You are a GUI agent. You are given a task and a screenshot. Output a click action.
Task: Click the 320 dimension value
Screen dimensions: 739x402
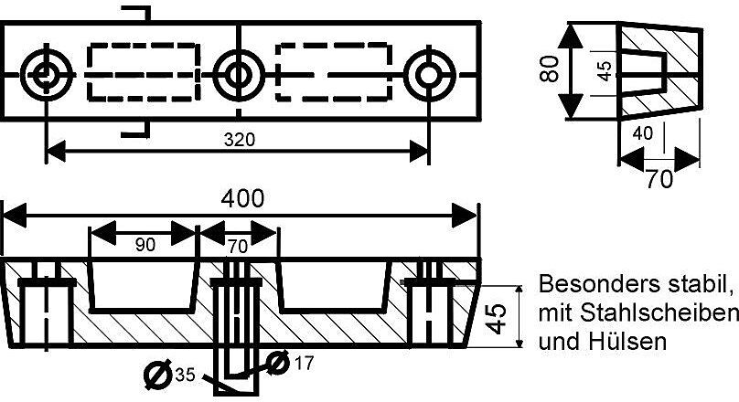(x=240, y=140)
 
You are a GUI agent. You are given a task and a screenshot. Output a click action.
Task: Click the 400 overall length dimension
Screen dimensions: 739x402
(x=242, y=198)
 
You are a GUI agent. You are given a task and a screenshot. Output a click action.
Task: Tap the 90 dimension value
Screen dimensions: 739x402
(x=145, y=245)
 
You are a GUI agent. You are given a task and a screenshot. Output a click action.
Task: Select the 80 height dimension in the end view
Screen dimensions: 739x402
(x=550, y=69)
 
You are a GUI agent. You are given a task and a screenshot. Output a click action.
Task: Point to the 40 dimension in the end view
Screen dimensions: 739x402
(x=643, y=133)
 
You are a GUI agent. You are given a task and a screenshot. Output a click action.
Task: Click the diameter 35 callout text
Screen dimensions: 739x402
(x=170, y=375)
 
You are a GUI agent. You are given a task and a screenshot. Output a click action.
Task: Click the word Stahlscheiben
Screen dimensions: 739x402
(x=658, y=313)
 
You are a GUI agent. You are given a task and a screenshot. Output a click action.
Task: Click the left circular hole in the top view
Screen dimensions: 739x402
(x=46, y=75)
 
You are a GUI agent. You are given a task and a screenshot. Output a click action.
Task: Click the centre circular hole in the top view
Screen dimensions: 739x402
(x=239, y=75)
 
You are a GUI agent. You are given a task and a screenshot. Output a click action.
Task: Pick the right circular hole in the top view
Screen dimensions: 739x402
(x=429, y=75)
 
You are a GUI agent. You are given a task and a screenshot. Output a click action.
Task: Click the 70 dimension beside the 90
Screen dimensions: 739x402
(x=237, y=246)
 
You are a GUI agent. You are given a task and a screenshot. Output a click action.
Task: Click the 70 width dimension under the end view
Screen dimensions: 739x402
(x=659, y=179)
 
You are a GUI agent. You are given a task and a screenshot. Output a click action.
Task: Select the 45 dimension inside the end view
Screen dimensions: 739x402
(x=605, y=70)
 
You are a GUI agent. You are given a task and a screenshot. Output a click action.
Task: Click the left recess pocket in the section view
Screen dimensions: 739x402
(x=142, y=311)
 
